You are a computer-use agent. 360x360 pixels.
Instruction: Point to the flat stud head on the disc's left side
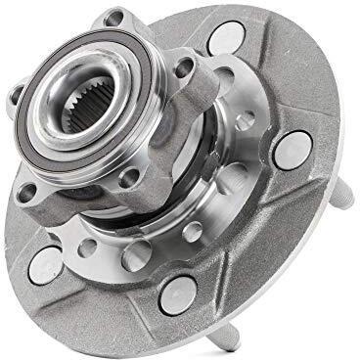[x=47, y=262]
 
